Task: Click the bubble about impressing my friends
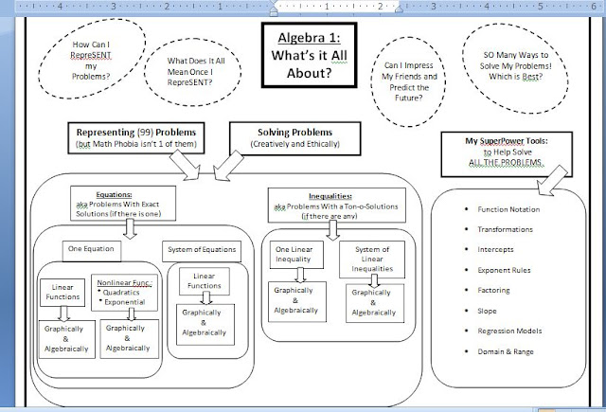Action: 405,68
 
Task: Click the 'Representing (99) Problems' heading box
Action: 134,137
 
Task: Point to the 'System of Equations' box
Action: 201,250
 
